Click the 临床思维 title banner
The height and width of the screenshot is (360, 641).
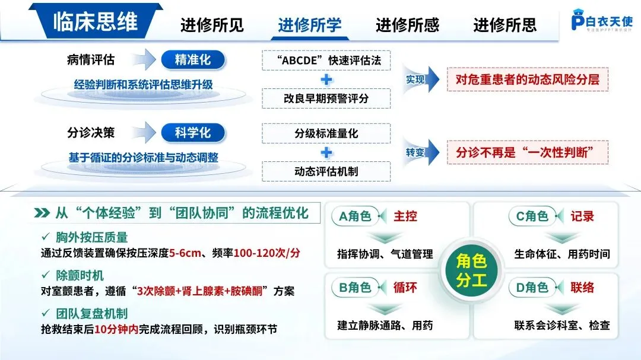pos(95,22)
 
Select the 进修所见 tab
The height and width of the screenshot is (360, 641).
pos(212,25)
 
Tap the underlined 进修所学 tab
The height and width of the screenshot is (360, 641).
pos(309,25)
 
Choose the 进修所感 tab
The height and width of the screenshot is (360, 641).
pos(407,25)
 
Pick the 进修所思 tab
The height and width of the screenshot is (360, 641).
pos(504,25)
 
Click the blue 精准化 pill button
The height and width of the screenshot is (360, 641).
pos(192,59)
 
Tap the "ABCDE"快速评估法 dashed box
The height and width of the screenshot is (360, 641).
pos(326,60)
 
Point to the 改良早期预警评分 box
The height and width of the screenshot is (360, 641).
pos(326,98)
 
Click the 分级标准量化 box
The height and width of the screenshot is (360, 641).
pos(326,133)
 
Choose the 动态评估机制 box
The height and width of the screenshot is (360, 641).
pos(326,171)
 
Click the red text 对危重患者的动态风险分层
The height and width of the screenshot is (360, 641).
pos(528,79)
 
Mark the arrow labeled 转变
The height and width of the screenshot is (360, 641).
pos(422,152)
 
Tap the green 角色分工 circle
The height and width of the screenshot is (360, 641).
pos(471,269)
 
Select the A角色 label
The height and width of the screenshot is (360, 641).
pos(356,216)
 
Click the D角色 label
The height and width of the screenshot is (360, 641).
pos(532,288)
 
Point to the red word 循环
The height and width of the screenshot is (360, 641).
pos(405,288)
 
